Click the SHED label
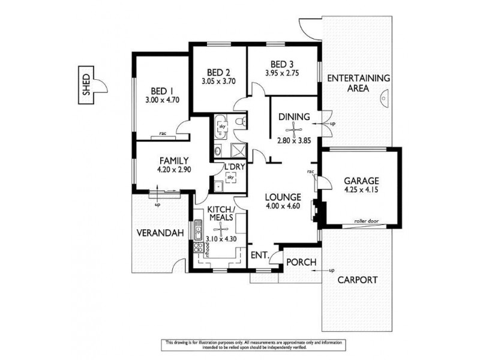tap(86, 88)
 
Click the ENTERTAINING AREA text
tap(359, 83)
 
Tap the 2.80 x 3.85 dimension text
tap(295, 141)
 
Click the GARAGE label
tap(361, 181)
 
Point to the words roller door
tap(365, 220)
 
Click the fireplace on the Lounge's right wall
tap(316, 211)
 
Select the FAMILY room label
tap(174, 161)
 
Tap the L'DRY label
tap(232, 167)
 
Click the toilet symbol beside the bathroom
tap(241, 122)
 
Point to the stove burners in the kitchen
tap(198, 248)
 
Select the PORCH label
tap(298, 262)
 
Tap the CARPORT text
tap(356, 280)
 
